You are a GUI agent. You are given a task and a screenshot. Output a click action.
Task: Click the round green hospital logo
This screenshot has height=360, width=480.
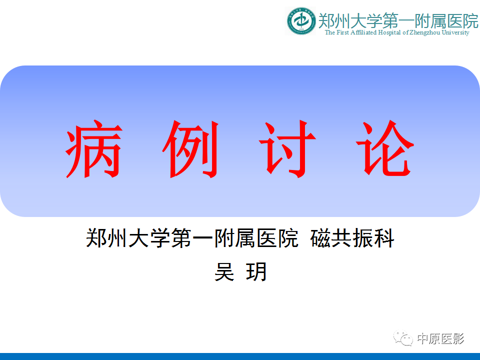[301, 21]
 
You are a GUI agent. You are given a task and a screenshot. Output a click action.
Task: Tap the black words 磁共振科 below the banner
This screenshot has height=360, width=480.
[352, 238]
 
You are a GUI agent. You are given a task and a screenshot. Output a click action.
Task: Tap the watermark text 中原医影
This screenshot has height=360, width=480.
[440, 339]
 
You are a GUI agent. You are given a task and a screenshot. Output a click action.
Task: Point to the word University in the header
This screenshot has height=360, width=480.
[455, 32]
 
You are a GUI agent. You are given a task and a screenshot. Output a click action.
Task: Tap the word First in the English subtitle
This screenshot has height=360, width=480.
[342, 32]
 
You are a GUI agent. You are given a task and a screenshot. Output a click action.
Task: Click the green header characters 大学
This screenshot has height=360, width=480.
[366, 20]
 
